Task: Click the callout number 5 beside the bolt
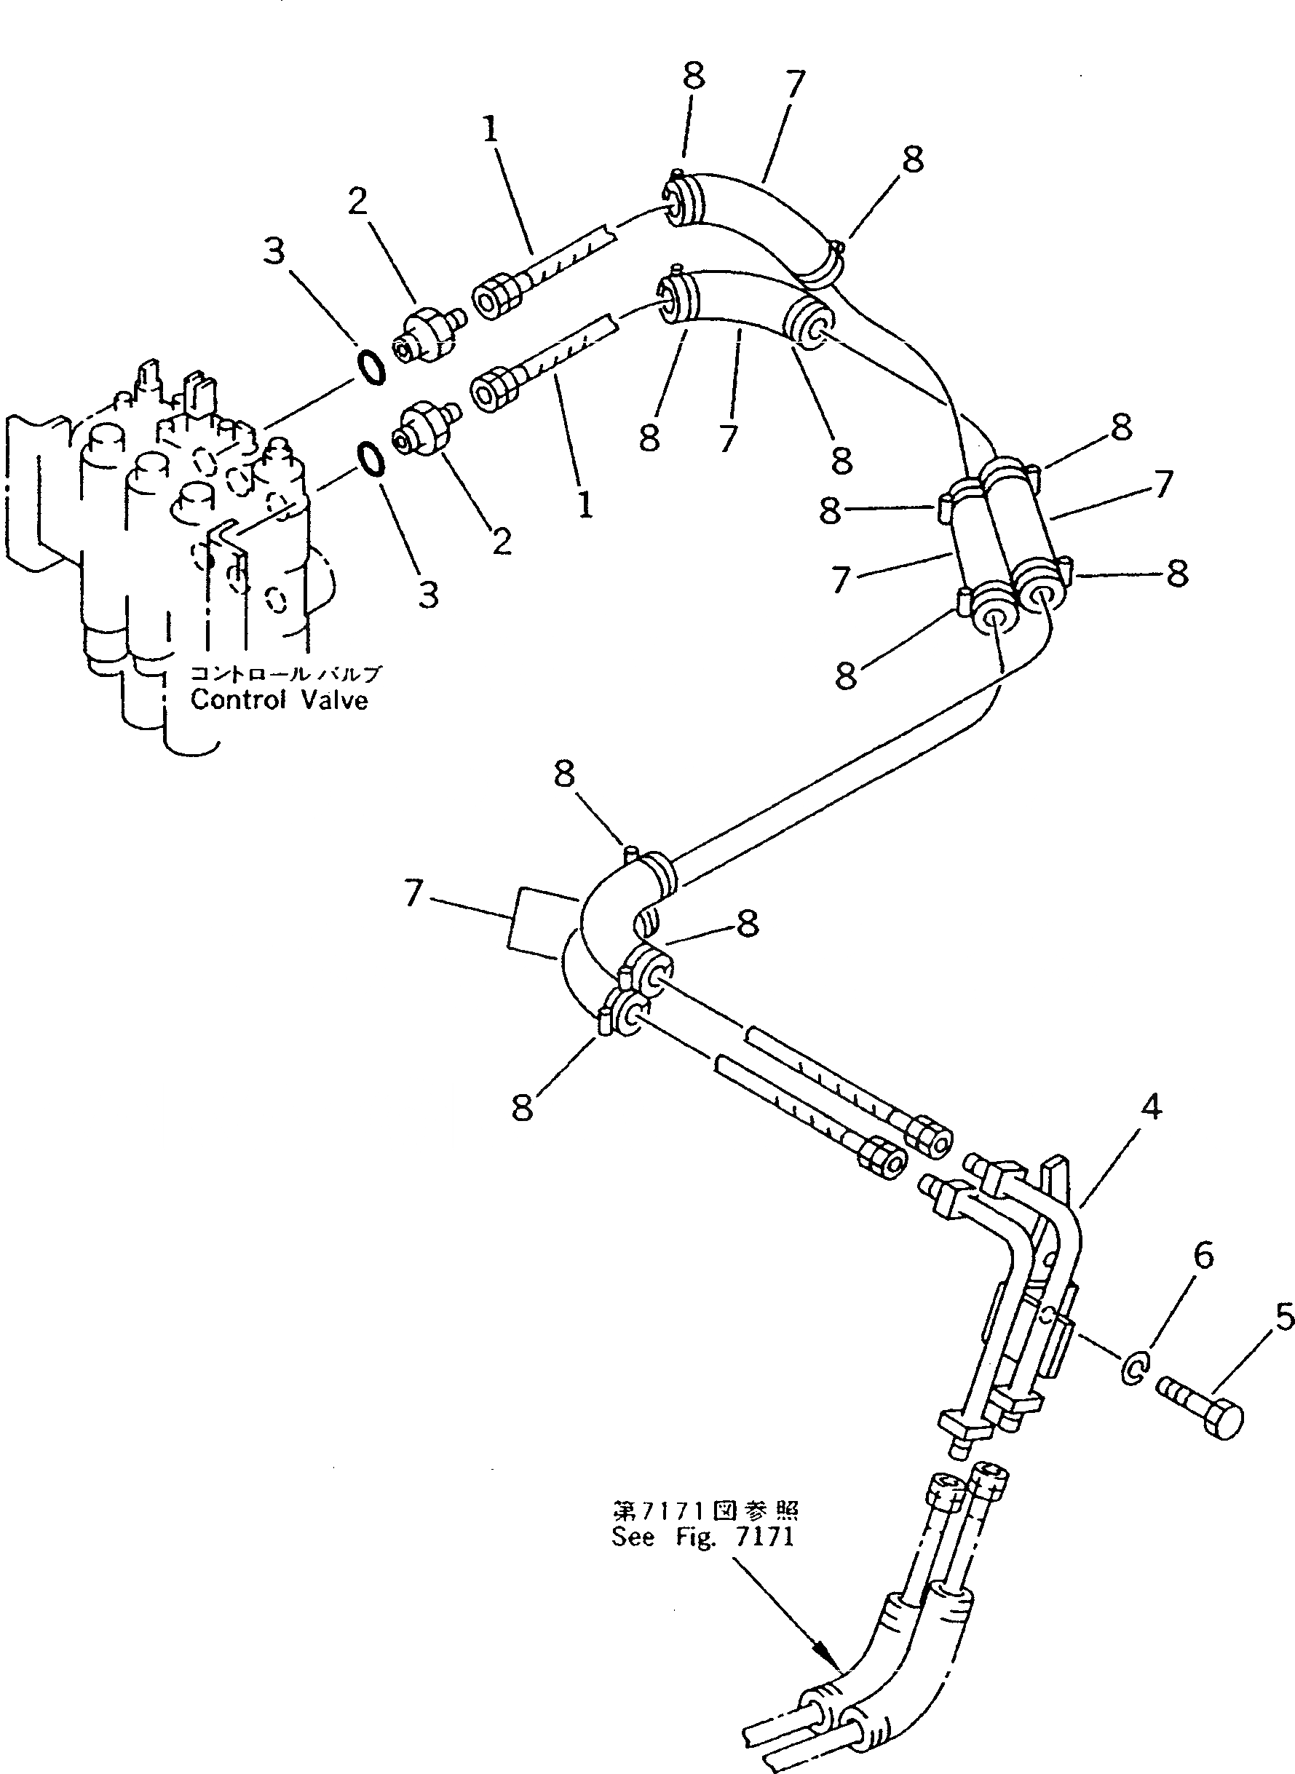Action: click(x=1283, y=1318)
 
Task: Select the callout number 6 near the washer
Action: click(x=1203, y=1255)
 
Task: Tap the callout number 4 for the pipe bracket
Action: click(x=1150, y=1107)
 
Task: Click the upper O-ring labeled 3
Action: click(x=371, y=367)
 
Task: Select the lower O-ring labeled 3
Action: click(x=371, y=459)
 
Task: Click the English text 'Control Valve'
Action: click(x=279, y=700)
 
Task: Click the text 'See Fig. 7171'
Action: click(x=702, y=1537)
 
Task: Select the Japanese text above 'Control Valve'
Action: click(x=285, y=673)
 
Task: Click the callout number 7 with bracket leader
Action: click(x=415, y=893)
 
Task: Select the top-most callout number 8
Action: click(x=693, y=76)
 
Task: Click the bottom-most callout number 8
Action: click(x=522, y=1108)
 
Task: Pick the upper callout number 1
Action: click(x=491, y=130)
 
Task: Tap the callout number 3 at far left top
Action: click(x=274, y=252)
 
